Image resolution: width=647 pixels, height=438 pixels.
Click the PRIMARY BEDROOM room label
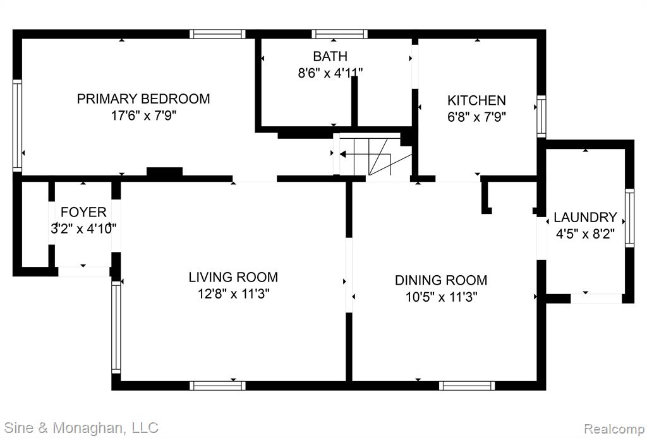coord(143,99)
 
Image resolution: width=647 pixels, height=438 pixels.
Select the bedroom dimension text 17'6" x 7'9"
coord(143,115)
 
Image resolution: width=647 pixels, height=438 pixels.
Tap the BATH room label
coord(330,56)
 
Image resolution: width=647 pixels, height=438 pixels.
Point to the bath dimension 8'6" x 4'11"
coord(330,73)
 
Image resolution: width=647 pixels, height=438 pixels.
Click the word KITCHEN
coord(476,100)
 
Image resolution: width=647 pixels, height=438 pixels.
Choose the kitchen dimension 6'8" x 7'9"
coord(476,117)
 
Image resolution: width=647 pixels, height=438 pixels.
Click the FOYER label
coord(84,212)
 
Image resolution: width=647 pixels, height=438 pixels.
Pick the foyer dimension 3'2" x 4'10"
coord(84,228)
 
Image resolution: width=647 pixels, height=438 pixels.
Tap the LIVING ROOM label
coord(233,277)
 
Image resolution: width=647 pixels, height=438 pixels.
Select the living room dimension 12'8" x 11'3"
coord(233,294)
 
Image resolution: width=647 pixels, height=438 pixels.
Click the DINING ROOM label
coord(441,280)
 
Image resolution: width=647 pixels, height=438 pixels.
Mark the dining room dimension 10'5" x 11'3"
coord(441,297)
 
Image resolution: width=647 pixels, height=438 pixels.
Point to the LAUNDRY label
coord(585,217)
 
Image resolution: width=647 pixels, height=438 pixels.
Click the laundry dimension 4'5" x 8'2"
coord(585,234)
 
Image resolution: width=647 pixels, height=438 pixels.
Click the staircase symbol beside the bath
coord(375,155)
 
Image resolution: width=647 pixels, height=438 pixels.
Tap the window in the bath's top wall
coord(339,34)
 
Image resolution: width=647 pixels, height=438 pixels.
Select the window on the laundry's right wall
coord(629,218)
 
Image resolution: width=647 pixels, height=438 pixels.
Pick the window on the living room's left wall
coord(116,327)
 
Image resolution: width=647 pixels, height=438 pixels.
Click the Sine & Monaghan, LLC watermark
coord(82,427)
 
